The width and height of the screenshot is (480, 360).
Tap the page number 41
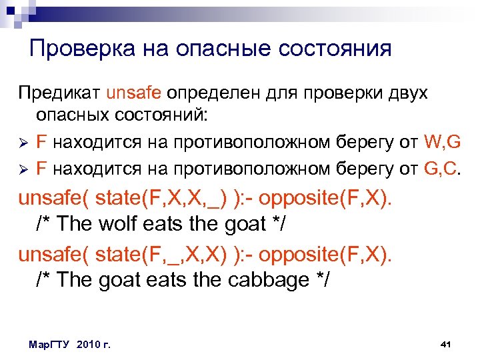[447, 344]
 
